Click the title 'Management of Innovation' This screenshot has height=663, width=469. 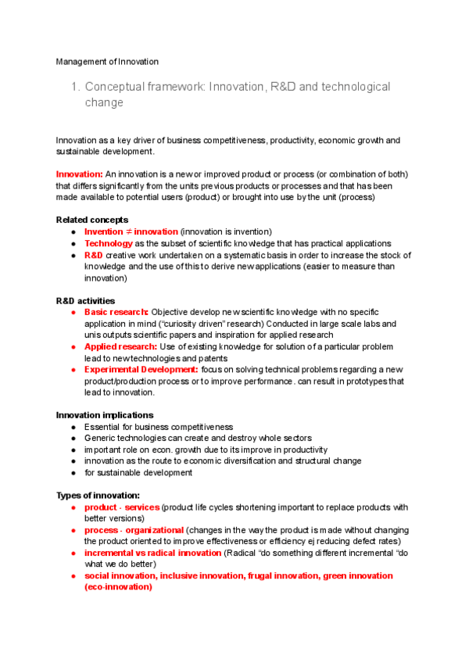(x=107, y=62)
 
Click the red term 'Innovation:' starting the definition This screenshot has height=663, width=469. (x=80, y=174)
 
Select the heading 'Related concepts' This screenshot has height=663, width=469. (x=92, y=220)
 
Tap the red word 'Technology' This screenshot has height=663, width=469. (x=108, y=243)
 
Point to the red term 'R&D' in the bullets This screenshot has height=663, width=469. (x=93, y=255)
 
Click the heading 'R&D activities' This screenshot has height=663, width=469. (x=86, y=301)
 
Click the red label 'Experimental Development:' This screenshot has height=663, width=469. (x=141, y=369)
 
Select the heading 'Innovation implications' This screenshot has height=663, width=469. (x=105, y=414)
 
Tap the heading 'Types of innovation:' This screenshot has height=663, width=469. (x=98, y=496)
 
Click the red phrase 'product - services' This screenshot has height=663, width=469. (x=122, y=507)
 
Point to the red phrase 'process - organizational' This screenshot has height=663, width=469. (x=134, y=530)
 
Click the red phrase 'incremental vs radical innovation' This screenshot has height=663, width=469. (x=152, y=553)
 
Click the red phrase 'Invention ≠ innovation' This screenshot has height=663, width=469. (x=131, y=231)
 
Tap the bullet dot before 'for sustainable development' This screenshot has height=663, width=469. (x=73, y=473)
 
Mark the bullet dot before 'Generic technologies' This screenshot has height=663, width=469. (x=73, y=439)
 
